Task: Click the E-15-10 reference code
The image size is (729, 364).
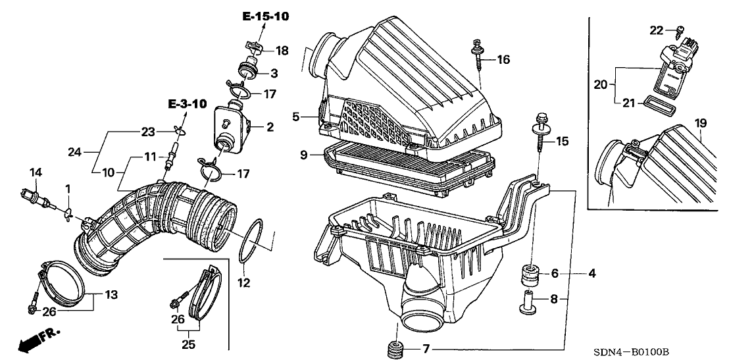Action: coord(265,16)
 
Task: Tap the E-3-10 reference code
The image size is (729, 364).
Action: coord(187,104)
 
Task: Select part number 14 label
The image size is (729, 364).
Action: coord(36,172)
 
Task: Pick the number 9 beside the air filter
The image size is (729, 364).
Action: coord(304,154)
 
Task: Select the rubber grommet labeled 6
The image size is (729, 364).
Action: coord(528,276)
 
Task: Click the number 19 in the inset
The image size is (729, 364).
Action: coord(701,123)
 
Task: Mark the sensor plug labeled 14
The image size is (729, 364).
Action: coord(35,195)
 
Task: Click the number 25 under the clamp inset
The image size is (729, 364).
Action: coord(188,345)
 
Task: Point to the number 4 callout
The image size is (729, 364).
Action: coord(591,274)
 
